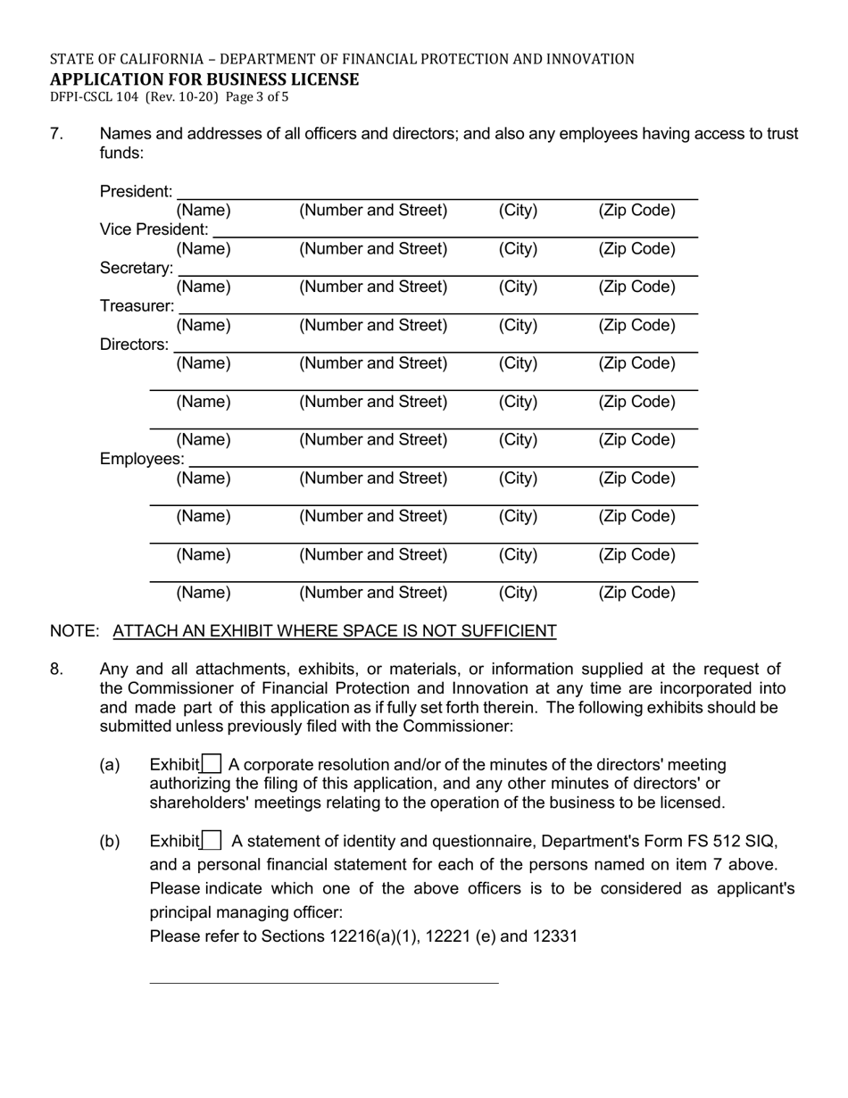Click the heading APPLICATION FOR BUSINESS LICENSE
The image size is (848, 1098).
click(x=204, y=79)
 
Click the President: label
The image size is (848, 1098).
click(x=137, y=192)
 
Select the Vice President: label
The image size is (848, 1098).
click(x=154, y=229)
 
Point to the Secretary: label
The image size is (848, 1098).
click(x=137, y=268)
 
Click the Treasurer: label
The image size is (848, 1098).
click(x=137, y=306)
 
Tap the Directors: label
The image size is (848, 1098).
click(x=134, y=345)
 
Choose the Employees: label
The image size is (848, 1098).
click(x=142, y=459)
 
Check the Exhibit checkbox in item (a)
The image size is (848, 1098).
click(x=212, y=764)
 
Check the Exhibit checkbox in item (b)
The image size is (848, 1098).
click(x=212, y=841)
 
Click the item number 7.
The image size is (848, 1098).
click(x=56, y=134)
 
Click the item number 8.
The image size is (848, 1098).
click(x=56, y=670)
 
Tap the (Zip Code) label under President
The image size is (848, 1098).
click(x=636, y=211)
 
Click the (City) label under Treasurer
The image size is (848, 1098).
click(x=518, y=325)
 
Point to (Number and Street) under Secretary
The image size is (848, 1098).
click(x=373, y=287)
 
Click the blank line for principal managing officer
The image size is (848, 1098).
click(x=323, y=982)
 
